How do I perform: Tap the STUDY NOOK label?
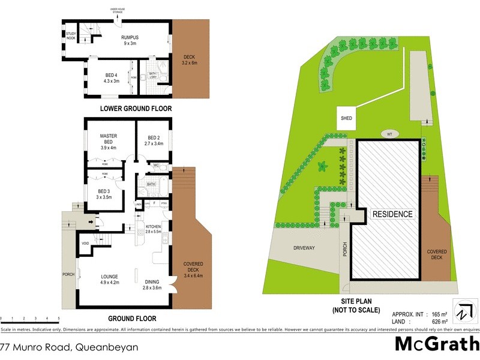[71, 36]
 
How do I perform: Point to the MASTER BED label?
[107, 137]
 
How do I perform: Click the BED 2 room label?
[154, 137]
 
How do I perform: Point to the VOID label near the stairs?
[86, 243]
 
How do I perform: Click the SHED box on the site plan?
[347, 119]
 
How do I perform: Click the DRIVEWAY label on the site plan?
[304, 248]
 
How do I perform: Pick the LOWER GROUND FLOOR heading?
[136, 109]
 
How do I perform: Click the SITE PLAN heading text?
[356, 302]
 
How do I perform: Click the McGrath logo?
[436, 343]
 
